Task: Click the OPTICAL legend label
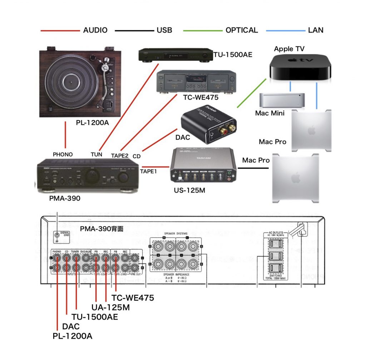point(242,30)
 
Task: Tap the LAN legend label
point(316,30)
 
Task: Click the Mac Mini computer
point(282,101)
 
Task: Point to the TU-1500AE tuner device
point(175,55)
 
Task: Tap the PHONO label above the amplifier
point(63,155)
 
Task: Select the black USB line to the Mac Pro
point(255,168)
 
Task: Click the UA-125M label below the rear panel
point(110,307)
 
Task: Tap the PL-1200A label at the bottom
point(73,336)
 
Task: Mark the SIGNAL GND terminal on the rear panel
point(56,235)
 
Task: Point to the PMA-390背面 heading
point(102,229)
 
